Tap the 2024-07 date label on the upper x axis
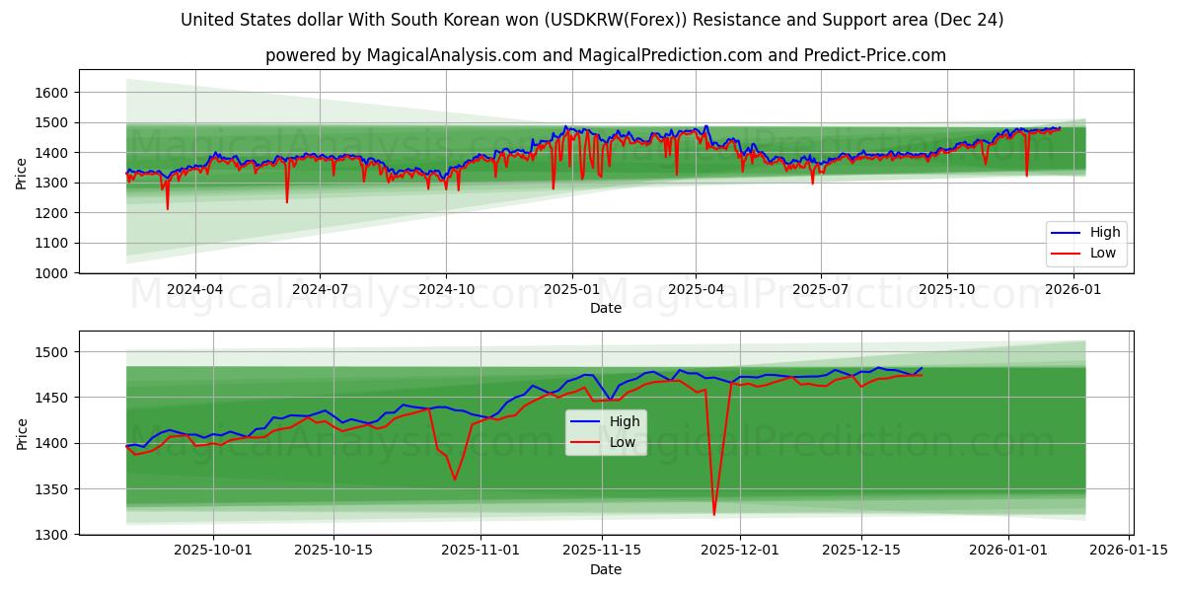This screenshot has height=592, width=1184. tap(320, 290)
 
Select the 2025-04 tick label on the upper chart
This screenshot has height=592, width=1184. tap(696, 290)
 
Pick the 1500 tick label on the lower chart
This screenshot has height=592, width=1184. tap(52, 352)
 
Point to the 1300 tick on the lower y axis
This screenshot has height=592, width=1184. tap(52, 535)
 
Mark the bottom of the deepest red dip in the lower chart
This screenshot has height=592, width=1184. tap(714, 514)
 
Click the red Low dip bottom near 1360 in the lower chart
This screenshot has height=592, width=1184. tap(455, 480)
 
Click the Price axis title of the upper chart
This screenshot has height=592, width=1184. tap(22, 172)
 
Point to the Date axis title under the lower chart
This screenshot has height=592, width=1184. tap(606, 569)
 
